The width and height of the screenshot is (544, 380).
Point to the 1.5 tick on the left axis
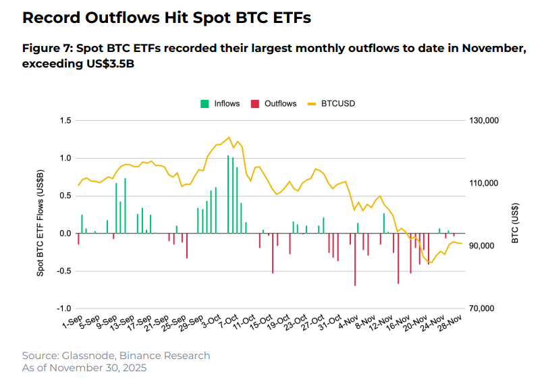click(x=65, y=120)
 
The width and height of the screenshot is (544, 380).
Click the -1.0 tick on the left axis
click(x=64, y=308)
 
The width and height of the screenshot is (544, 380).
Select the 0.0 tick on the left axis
click(x=65, y=234)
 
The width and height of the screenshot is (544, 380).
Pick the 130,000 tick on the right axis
click(x=483, y=120)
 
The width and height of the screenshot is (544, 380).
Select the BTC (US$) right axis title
click(x=515, y=222)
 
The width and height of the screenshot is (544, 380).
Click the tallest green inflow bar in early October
click(x=228, y=194)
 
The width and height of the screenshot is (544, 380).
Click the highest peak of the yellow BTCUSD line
click(x=229, y=137)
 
